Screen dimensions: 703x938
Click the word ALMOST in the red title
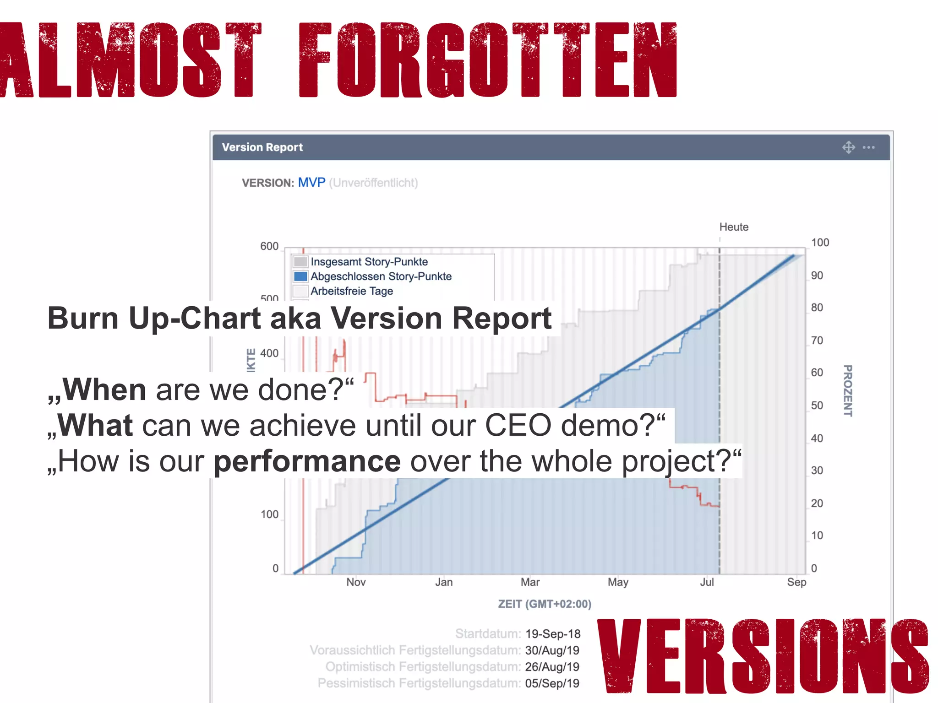pos(131,59)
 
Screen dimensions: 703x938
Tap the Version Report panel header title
pos(262,147)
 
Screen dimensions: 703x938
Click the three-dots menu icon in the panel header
pos(868,147)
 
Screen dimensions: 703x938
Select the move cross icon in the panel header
pos(848,147)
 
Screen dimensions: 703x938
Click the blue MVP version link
pos(311,183)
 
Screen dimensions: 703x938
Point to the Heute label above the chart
pos(734,227)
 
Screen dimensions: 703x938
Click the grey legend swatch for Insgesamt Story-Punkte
pos(300,262)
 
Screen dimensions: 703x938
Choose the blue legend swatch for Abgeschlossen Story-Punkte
pos(300,276)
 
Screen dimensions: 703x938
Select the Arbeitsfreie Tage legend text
pos(352,291)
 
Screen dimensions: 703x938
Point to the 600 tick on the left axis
pos(269,246)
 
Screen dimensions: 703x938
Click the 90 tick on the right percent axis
pos(817,276)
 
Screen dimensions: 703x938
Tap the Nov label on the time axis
pos(356,582)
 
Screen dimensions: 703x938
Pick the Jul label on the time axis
pos(707,582)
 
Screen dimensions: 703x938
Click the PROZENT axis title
pos(848,390)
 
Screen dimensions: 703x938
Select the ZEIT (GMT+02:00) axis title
pos(545,604)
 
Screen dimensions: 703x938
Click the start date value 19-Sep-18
pos(553,634)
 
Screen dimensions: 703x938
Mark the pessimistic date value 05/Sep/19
pos(552,683)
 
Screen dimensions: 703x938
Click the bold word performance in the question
pos(307,461)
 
